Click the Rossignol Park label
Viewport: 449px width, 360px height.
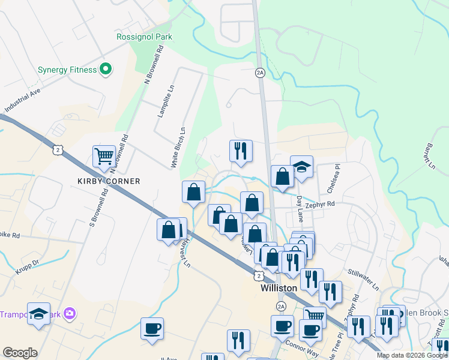(x=144, y=37)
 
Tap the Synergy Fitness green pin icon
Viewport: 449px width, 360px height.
(x=106, y=70)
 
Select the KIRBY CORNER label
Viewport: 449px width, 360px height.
(x=108, y=181)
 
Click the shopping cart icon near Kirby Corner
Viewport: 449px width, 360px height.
(x=104, y=157)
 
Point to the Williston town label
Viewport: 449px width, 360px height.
(x=279, y=288)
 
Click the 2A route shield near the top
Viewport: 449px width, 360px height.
(x=260, y=73)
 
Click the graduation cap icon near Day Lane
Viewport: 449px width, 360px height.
(x=301, y=167)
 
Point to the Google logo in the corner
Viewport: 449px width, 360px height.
(x=20, y=353)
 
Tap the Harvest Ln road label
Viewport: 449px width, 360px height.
(x=183, y=254)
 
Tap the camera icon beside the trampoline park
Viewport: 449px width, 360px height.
(x=70, y=313)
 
